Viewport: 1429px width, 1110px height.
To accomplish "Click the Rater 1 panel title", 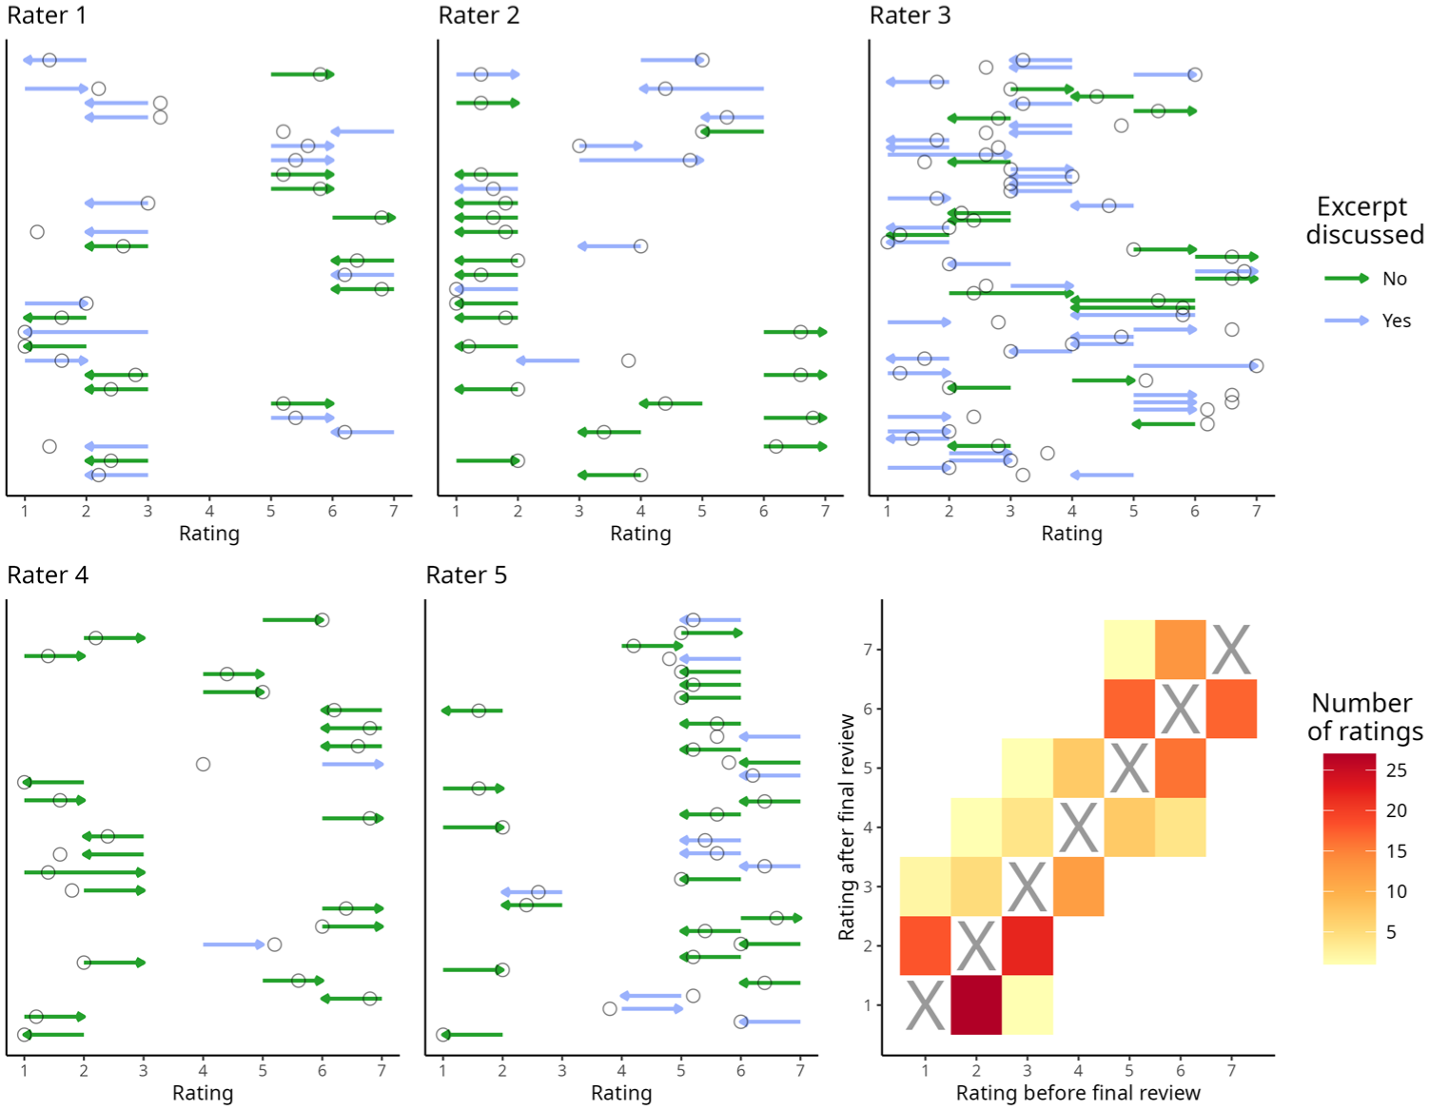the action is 47,15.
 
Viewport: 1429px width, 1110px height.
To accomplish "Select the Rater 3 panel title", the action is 910,15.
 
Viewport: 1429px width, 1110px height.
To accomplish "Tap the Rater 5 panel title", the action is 466,575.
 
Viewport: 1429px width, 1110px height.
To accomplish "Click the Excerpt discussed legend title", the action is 1364,220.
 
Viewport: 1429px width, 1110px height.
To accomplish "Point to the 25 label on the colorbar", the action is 1396,769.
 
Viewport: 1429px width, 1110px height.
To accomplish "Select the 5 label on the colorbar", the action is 1391,931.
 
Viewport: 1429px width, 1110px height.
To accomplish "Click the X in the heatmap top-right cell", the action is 1230,650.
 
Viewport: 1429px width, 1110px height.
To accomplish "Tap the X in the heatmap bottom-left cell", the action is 925,1004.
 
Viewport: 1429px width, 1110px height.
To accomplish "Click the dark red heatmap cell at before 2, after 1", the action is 976,1004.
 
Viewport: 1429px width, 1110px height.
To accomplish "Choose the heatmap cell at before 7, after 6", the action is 1231,709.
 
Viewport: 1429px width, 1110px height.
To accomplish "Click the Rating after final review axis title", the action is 847,827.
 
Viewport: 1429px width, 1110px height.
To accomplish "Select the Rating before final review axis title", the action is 1078,1092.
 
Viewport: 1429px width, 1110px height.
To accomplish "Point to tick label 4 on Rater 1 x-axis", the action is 209,511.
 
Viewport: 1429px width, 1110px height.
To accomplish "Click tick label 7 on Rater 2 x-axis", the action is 825,511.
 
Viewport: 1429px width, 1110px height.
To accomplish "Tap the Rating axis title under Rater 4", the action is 203,1092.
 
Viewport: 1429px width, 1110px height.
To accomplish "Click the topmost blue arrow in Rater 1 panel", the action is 54,60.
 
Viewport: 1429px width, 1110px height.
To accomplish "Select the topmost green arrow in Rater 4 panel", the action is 294,620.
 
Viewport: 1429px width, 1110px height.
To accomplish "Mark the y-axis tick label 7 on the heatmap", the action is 868,650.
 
